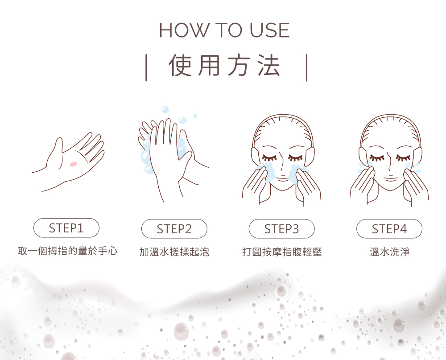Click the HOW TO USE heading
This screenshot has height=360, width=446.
[x=224, y=30]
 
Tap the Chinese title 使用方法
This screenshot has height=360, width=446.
[x=224, y=66]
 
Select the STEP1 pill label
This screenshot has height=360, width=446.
[x=66, y=228]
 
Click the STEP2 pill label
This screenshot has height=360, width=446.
[x=174, y=229]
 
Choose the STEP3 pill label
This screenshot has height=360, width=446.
[x=281, y=229]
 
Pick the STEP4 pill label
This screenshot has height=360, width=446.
[x=389, y=229]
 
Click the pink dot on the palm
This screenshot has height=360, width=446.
[x=74, y=164]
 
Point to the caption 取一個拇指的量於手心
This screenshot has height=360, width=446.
[x=68, y=251]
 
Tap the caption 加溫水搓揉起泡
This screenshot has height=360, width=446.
[x=174, y=252]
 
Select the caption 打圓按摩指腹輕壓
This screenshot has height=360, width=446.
[x=282, y=252]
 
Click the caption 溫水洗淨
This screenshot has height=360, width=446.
[x=389, y=252]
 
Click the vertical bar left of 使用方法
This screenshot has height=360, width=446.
[x=146, y=68]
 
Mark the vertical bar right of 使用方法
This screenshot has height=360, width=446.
[x=307, y=68]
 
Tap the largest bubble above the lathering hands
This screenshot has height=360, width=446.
[x=165, y=110]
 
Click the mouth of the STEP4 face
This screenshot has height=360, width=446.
[x=390, y=179]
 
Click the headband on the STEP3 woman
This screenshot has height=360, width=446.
[x=283, y=128]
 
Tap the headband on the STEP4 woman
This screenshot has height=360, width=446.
[x=390, y=128]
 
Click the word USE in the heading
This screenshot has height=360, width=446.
[x=270, y=30]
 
